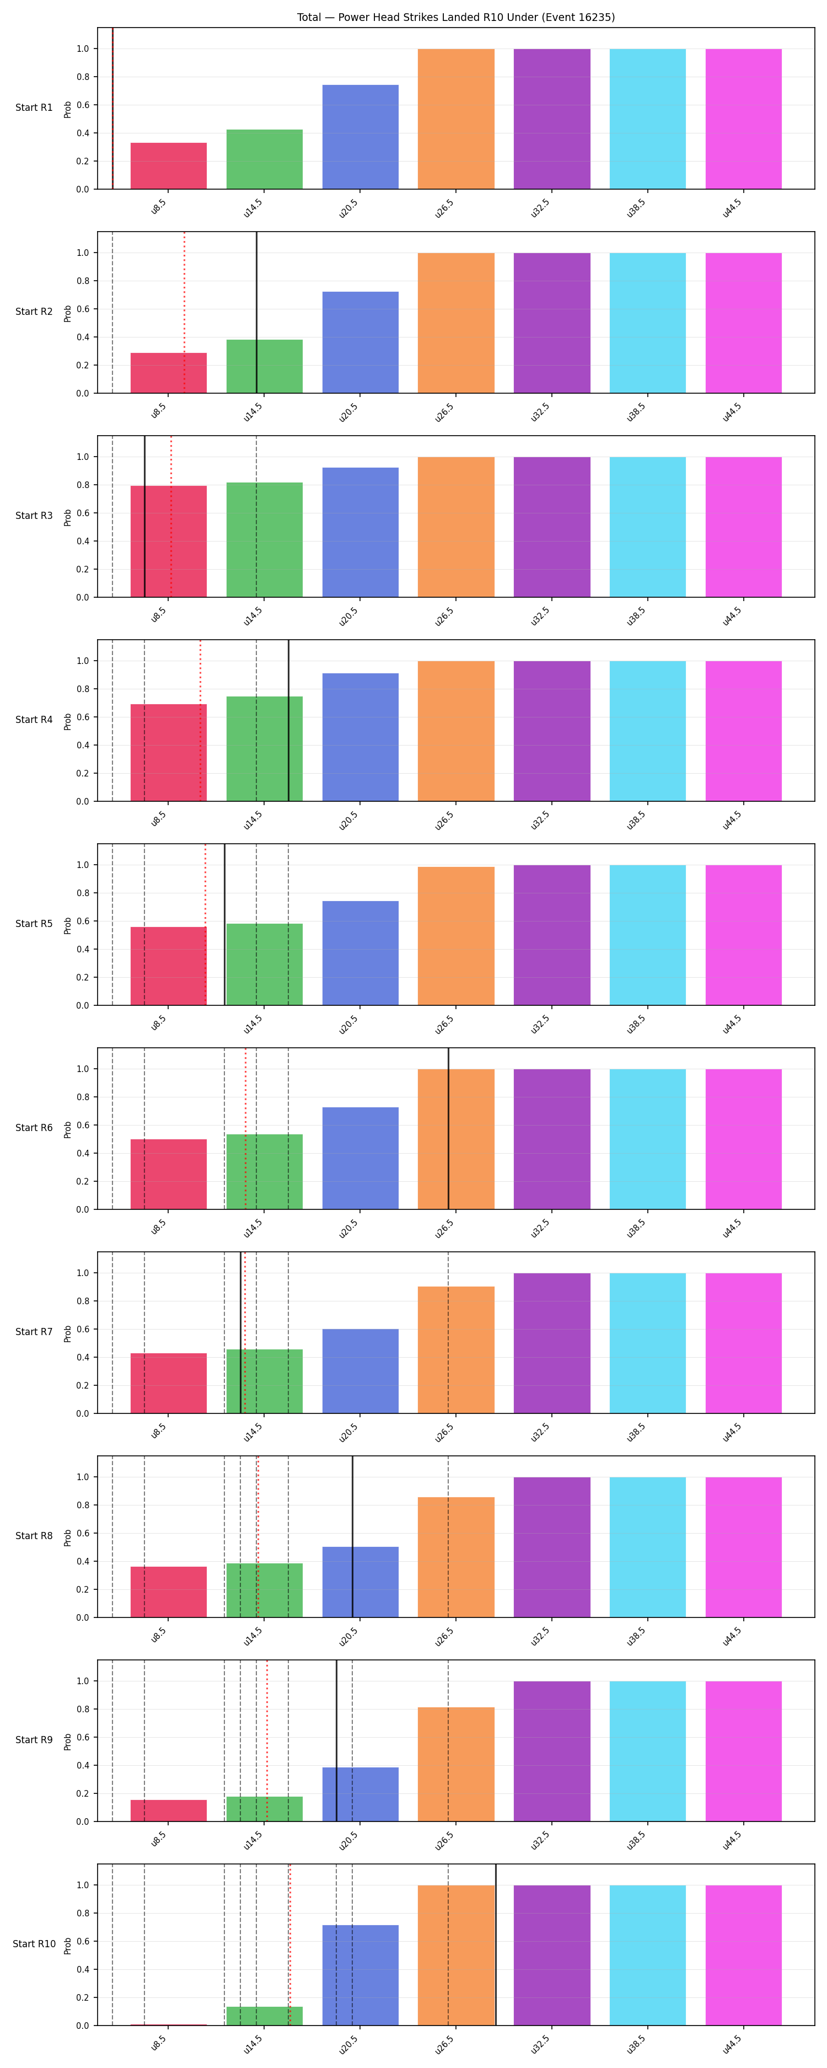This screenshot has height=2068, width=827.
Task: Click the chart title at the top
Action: [455, 17]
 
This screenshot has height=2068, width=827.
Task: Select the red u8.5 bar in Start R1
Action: [169, 166]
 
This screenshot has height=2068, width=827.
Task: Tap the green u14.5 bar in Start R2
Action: [264, 366]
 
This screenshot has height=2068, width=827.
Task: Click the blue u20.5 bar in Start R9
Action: [361, 1794]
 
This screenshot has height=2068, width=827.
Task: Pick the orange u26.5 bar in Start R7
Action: [456, 1349]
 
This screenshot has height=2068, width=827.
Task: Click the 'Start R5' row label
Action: [34, 924]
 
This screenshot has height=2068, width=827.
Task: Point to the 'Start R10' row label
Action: [34, 1943]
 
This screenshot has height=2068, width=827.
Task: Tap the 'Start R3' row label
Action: [34, 516]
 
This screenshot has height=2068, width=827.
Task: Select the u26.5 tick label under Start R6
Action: [444, 1228]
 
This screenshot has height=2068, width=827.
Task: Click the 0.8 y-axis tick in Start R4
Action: [83, 689]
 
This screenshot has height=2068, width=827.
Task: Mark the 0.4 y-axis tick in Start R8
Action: [83, 1561]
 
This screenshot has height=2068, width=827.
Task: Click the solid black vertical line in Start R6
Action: [449, 1128]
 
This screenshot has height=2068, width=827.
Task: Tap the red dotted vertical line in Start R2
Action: [185, 312]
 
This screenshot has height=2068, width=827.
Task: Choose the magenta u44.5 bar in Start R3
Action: [744, 527]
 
